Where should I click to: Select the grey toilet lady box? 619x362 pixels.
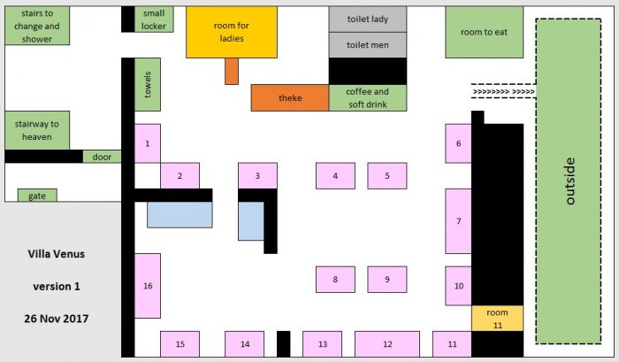(368, 19)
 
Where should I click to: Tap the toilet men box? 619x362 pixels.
(368, 44)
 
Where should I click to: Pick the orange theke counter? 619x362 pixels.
(290, 98)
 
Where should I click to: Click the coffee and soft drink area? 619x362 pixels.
(368, 98)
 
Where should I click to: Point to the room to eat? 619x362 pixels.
(484, 32)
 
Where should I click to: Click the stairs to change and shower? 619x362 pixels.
(37, 26)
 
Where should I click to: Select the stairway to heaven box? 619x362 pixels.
(37, 130)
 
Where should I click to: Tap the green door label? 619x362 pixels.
(102, 157)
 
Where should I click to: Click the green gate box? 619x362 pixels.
(37, 196)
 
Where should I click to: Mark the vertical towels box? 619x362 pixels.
(147, 85)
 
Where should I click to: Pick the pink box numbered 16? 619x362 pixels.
(147, 286)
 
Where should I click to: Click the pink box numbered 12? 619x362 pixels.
(387, 343)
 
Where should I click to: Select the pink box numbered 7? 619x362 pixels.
(458, 221)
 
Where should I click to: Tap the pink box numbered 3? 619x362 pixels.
(257, 175)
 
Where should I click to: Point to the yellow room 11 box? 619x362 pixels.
(497, 319)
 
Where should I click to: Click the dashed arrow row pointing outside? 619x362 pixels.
(502, 90)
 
